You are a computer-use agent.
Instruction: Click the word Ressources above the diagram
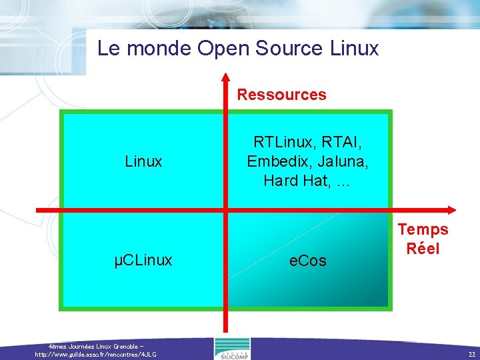pos(281,95)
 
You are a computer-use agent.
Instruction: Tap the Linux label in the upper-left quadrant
pos(143,161)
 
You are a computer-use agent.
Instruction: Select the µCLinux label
pos(143,260)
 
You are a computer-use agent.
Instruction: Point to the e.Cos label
pos(308,261)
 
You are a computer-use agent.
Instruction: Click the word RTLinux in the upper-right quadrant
pos(284,143)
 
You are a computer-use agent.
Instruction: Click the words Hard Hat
pos(294,180)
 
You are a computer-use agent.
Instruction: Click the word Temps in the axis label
pos(423,230)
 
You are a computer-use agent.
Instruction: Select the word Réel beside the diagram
pos(423,249)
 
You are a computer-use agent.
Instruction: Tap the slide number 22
pos(471,354)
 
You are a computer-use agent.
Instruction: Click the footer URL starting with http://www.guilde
pos(96,354)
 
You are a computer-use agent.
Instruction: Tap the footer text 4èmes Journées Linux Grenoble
pos(97,347)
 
